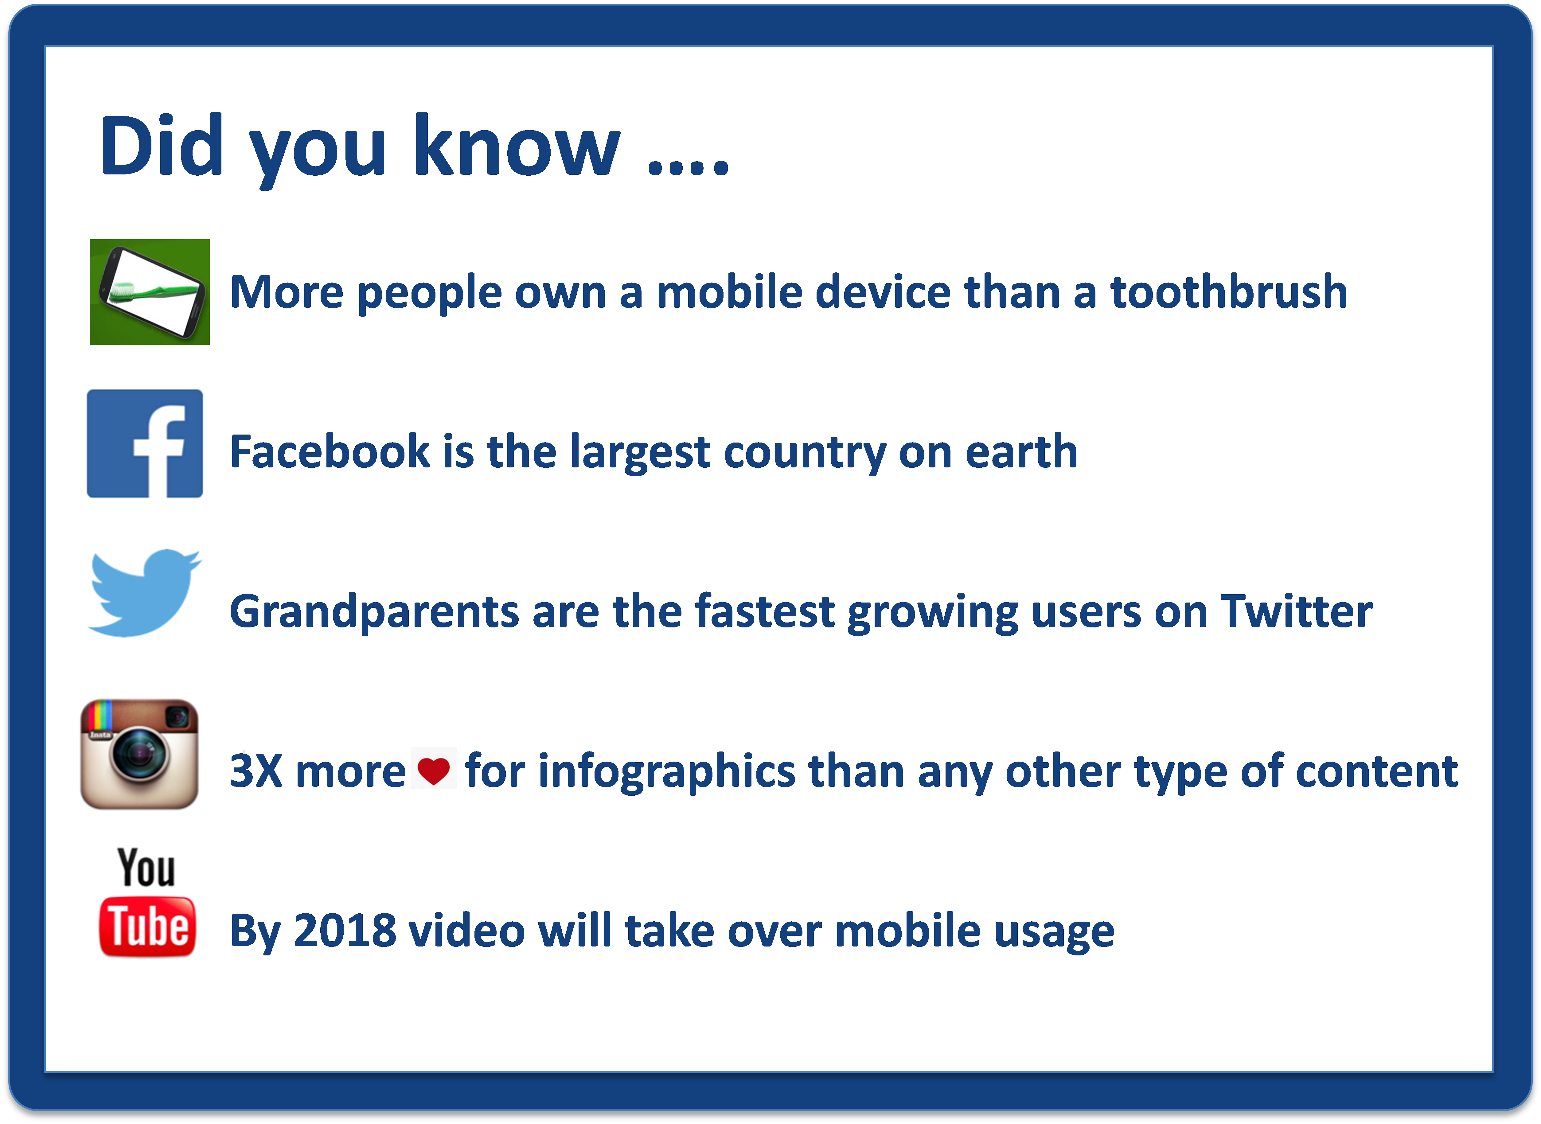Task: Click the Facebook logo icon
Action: tap(145, 444)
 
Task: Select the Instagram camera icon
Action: tap(139, 754)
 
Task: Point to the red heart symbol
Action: tap(433, 771)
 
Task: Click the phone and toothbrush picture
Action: tap(150, 292)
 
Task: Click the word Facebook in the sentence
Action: tap(330, 452)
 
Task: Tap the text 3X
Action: tap(256, 771)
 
